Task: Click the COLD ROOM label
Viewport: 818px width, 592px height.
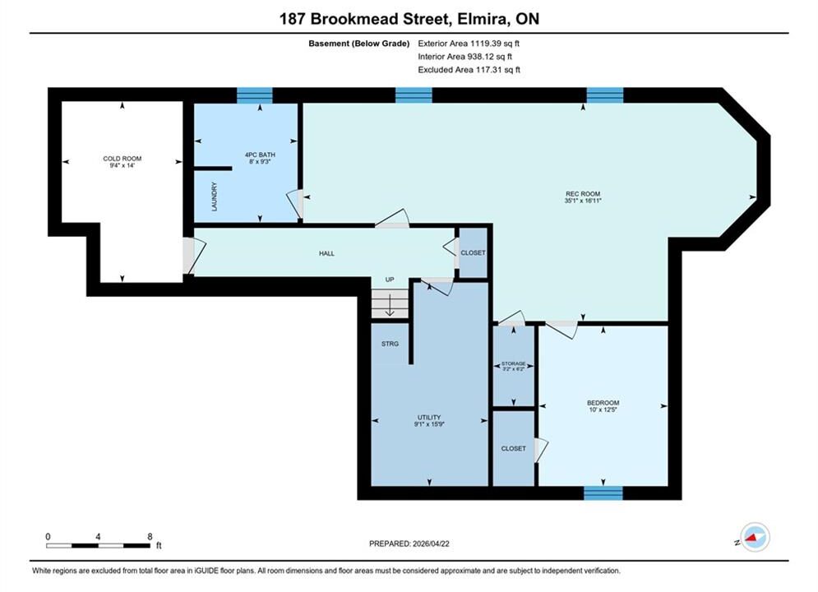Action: click(x=122, y=162)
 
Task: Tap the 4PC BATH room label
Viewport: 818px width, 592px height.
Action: click(x=260, y=158)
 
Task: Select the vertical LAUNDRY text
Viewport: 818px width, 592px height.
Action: click(x=214, y=197)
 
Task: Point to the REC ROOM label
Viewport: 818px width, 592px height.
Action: click(x=583, y=197)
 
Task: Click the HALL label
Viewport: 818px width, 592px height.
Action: click(x=326, y=253)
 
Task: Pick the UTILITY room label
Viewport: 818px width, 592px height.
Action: click(x=429, y=420)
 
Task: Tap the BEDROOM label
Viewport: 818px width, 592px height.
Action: click(x=603, y=406)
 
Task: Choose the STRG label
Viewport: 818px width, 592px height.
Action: click(x=390, y=344)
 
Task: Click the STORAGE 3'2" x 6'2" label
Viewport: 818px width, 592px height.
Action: click(x=513, y=366)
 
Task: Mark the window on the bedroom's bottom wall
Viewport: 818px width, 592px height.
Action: click(x=603, y=493)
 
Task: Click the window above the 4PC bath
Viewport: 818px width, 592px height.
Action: click(x=255, y=95)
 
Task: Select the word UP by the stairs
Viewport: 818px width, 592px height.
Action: click(x=390, y=280)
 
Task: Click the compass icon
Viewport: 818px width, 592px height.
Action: click(x=755, y=537)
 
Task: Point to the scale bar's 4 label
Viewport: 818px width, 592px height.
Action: click(x=98, y=536)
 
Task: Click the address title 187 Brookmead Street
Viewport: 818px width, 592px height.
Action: click(x=365, y=19)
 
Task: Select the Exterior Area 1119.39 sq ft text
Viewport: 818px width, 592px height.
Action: click(x=469, y=44)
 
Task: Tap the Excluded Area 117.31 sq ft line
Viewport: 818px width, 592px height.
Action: click(x=469, y=69)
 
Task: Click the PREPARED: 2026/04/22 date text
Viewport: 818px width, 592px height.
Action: click(x=409, y=543)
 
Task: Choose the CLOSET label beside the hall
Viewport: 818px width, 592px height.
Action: click(x=474, y=252)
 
